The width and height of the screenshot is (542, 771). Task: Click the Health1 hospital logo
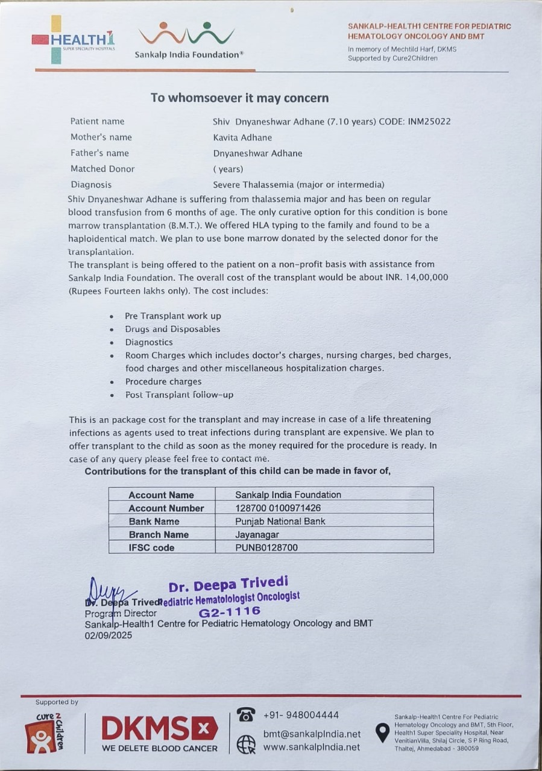(73, 40)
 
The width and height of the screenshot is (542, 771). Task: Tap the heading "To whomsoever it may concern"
(239, 98)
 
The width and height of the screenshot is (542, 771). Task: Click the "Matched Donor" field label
(102, 169)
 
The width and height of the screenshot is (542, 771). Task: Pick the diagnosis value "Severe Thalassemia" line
(298, 185)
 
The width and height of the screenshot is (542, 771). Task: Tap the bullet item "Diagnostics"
(149, 342)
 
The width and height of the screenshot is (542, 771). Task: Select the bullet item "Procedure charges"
(163, 381)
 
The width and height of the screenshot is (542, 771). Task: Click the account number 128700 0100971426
(278, 508)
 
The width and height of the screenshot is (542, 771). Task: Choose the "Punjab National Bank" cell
(280, 521)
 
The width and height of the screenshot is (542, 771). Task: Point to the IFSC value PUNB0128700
(266, 548)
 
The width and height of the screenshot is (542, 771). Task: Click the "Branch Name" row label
(159, 534)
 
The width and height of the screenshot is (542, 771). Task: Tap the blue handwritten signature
(109, 590)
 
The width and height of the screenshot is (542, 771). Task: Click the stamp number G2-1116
(230, 611)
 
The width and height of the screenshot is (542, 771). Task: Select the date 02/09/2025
(109, 635)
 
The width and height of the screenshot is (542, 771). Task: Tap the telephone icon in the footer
(245, 715)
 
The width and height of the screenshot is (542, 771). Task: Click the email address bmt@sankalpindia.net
(312, 734)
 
